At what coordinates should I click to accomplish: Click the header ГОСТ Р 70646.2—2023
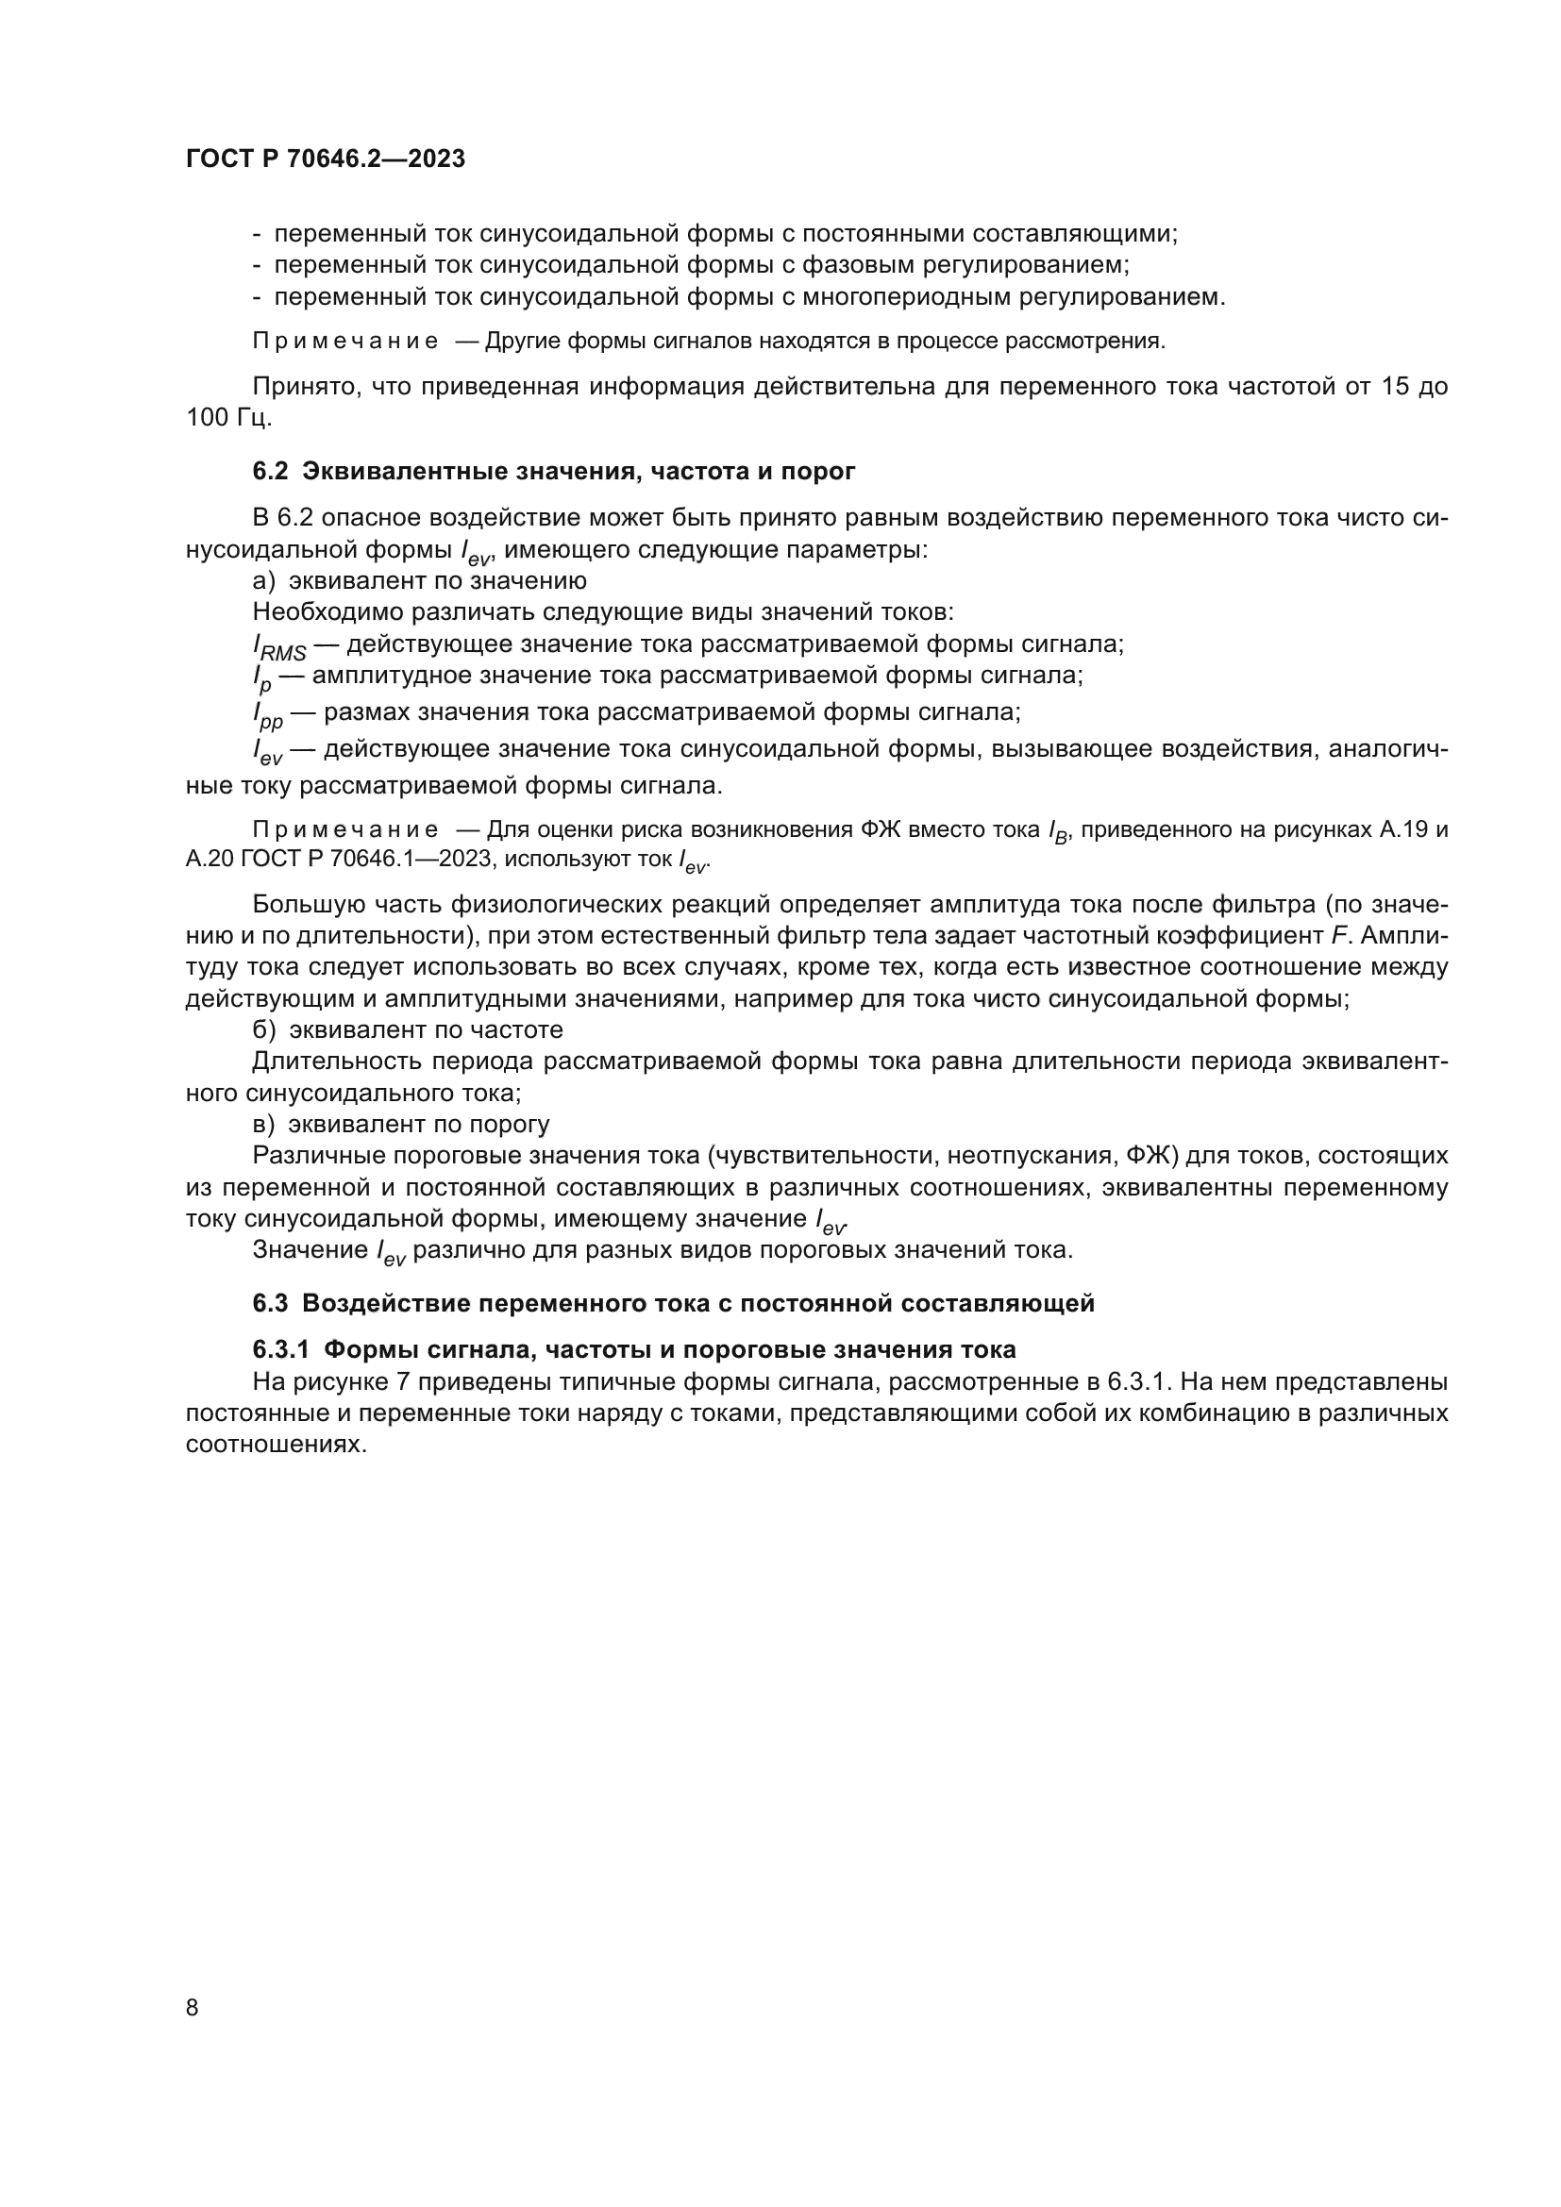pyautogui.click(x=325, y=159)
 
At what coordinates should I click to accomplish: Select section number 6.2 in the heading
pyautogui.click(x=270, y=471)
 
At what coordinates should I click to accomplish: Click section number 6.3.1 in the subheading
pyautogui.click(x=280, y=1349)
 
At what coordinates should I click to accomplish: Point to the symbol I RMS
pyautogui.click(x=278, y=647)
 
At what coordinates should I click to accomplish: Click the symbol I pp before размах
pyautogui.click(x=268, y=715)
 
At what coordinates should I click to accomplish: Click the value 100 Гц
pyautogui.click(x=228, y=418)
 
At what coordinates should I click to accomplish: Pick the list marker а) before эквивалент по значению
pyautogui.click(x=264, y=580)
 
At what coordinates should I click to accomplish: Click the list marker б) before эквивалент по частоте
pyautogui.click(x=264, y=1029)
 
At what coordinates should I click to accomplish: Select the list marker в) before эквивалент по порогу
pyautogui.click(x=264, y=1124)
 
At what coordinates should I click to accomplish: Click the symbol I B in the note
pyautogui.click(x=1057, y=831)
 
